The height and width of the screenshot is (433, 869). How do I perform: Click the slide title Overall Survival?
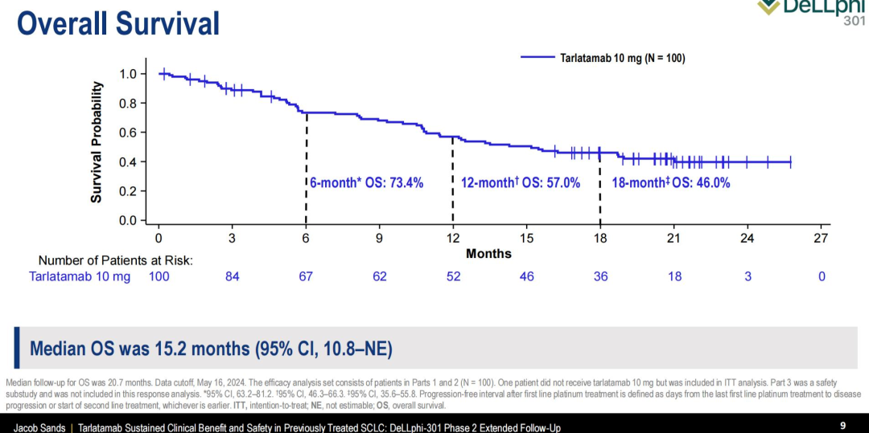118,22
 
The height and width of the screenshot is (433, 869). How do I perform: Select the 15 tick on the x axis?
526,238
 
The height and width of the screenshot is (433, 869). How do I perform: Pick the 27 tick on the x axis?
821,238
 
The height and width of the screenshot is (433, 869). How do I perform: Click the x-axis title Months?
488,253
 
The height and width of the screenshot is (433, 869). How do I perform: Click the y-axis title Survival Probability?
97,141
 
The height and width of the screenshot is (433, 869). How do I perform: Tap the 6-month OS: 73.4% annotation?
367,183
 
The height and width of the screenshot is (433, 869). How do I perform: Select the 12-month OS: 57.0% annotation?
521,183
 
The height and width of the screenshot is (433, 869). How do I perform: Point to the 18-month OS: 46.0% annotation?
671,183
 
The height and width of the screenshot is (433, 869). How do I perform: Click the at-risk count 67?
306,276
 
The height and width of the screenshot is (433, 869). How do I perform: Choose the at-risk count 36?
600,276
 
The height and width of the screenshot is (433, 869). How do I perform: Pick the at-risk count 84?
232,276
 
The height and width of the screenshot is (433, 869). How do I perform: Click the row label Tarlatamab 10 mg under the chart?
80,276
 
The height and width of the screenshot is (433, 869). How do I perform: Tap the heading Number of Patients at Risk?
115,260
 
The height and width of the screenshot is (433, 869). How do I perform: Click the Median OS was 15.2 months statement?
211,349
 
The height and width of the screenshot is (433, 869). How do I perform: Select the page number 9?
842,425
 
